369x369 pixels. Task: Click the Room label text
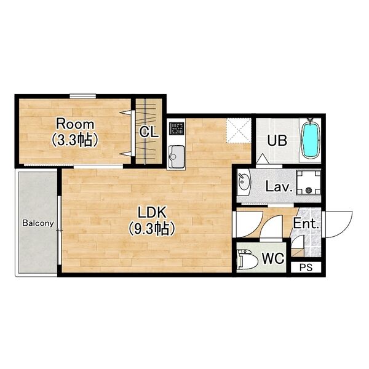point(75,124)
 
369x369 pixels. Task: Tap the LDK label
point(152,213)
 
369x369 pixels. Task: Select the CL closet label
point(148,132)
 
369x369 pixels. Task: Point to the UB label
point(277,141)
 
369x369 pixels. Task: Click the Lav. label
point(279,187)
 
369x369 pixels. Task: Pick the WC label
point(273,258)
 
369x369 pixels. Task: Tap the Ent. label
point(306,224)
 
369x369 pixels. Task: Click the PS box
point(306,268)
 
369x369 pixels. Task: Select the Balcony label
point(38,223)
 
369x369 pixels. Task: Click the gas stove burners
point(177,129)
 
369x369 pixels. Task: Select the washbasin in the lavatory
point(244,182)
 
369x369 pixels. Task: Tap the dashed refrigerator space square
point(239,131)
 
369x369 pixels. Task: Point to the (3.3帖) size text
point(75,140)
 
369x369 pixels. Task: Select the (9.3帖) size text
point(152,229)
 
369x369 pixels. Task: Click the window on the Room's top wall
point(83,97)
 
